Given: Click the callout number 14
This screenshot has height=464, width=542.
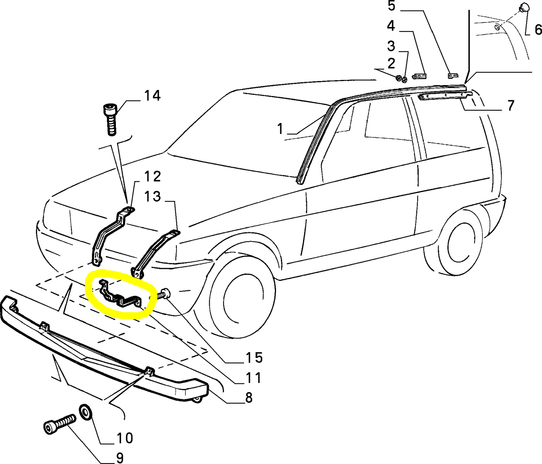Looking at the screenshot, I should point(152,96).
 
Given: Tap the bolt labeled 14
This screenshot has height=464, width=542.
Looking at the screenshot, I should point(110,119).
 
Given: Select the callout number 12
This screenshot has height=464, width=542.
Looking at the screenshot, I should point(152,176).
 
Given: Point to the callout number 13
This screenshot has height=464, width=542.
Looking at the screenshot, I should point(152,197).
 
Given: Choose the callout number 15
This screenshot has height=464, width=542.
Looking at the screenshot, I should point(254,358).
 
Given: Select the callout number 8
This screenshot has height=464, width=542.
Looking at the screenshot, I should point(249,398).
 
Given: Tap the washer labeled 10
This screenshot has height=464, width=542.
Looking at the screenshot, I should point(86,413).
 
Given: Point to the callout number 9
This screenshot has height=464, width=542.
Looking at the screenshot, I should point(119,458).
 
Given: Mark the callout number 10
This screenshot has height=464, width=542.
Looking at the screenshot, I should point(125,438).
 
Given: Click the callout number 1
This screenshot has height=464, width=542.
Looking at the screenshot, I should point(280,129).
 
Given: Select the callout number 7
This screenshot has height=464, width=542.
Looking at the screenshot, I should point(510,106).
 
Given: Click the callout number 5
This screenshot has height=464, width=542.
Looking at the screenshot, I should point(391,6).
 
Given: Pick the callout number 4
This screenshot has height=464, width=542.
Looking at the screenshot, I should point(391,26).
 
